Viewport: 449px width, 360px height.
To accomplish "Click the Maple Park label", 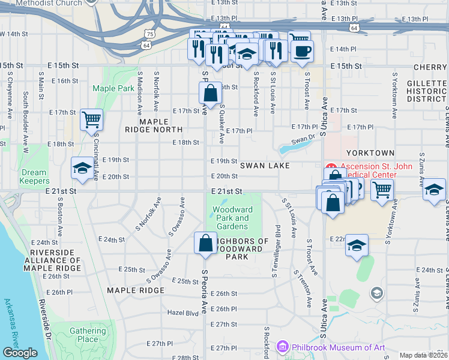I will [113, 88].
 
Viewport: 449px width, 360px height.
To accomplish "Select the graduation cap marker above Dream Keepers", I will [82, 169].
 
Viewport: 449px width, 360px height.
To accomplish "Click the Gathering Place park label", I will [88, 335].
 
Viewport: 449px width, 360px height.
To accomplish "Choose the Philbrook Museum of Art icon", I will [283, 347].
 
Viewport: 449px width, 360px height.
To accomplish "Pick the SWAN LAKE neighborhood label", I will [265, 165].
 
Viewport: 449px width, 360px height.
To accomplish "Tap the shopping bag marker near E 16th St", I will [210, 93].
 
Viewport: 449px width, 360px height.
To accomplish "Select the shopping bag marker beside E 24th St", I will [205, 243].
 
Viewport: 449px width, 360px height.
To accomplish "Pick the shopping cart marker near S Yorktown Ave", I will [382, 190].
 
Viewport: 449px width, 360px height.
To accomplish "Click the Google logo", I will [20, 353].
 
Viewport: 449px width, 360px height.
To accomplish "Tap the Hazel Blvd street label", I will [182, 313].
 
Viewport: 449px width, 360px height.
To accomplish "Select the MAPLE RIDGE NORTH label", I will [153, 125].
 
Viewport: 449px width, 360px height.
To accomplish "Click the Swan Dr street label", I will [303, 142].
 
